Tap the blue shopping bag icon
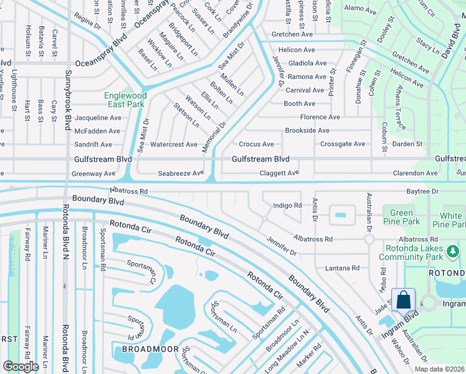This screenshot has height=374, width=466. pos(403,300)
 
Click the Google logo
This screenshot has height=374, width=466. pos(21,366)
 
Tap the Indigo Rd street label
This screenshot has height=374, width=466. pos(287,205)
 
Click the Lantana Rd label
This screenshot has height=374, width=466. pos(342,268)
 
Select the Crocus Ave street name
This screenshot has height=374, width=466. pos(256,145)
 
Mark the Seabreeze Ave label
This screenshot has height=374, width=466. pos(181,173)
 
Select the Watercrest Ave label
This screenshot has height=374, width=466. pos(174,145)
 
